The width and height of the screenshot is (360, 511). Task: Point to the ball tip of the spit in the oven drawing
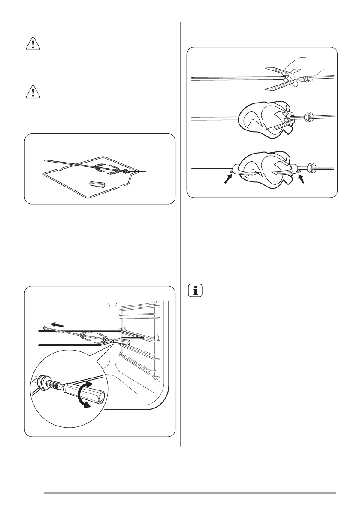45,327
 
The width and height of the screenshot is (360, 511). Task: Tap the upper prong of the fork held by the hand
275,69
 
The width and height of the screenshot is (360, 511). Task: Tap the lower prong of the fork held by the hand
275,87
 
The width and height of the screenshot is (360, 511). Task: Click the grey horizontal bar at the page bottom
189,493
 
